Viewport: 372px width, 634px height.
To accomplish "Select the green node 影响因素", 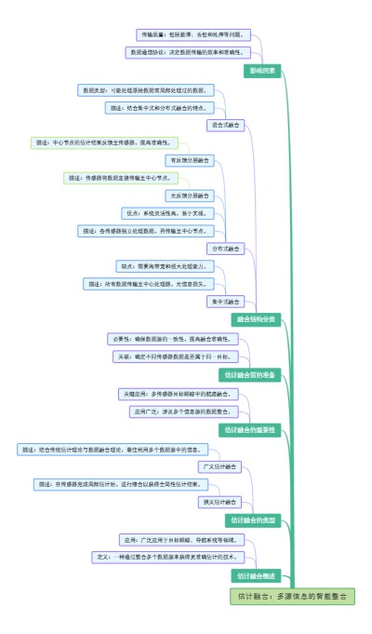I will [261, 71].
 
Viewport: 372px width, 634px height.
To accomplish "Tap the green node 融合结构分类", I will [255, 318].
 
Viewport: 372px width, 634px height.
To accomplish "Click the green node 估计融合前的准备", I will [250, 374].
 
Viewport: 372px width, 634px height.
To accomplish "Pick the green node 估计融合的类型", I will [252, 519].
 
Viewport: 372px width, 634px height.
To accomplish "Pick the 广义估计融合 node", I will [219, 465].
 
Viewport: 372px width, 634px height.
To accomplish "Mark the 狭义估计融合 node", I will [219, 502].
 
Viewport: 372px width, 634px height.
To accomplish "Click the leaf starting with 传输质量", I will [193, 34].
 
